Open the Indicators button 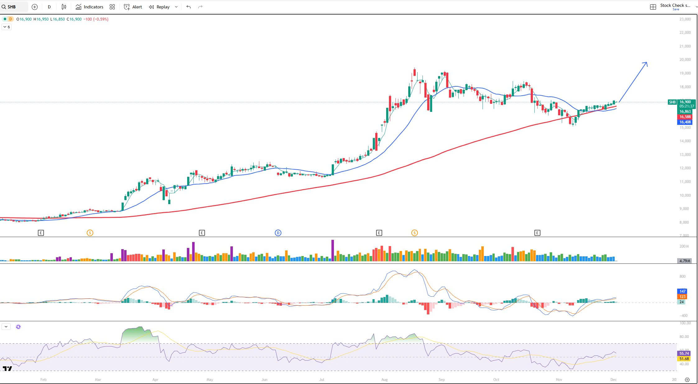[90, 7]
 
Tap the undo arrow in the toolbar [188, 7]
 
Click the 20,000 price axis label [685, 60]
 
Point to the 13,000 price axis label [685, 155]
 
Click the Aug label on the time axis [384, 380]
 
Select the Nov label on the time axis [559, 380]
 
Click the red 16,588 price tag [685, 117]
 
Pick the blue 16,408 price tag [685, 122]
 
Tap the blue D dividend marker [278, 233]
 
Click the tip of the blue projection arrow [647, 63]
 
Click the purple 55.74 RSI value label [684, 354]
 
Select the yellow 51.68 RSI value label [684, 359]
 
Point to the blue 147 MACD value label [682, 291]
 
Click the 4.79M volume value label [685, 261]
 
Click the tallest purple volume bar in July [333, 250]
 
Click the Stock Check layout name [675, 6]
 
